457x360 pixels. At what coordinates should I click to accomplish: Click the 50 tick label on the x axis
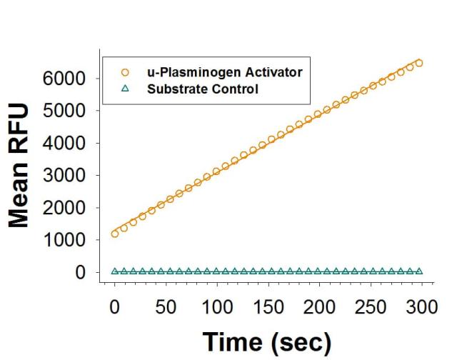(x=165, y=306)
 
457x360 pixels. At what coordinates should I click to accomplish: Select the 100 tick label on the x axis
(x=217, y=306)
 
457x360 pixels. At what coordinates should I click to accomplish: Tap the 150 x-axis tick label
(x=268, y=306)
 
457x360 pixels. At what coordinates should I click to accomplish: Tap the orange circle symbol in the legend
(x=126, y=72)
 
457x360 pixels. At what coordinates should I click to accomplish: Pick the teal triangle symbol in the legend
(x=126, y=89)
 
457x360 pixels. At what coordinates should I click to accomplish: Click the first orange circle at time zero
(x=115, y=234)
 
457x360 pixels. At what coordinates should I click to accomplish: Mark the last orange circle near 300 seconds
(x=419, y=63)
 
